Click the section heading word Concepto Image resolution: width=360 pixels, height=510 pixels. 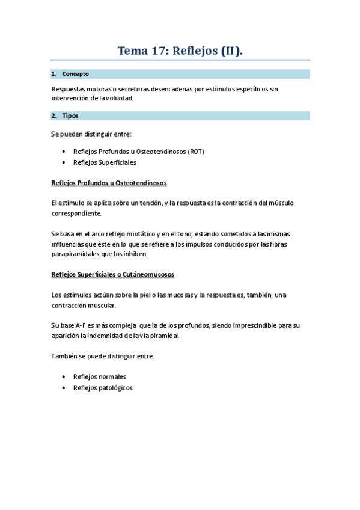(x=76, y=74)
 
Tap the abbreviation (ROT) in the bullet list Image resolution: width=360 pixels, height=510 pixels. (x=195, y=152)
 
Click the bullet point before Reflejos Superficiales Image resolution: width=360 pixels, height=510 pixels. (x=64, y=162)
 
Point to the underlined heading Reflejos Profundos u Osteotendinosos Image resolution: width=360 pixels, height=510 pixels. (x=109, y=182)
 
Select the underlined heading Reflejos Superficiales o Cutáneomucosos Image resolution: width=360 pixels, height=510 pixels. (x=113, y=274)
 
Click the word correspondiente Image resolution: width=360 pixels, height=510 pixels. (x=77, y=213)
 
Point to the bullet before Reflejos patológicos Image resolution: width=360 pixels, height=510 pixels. (x=64, y=388)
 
